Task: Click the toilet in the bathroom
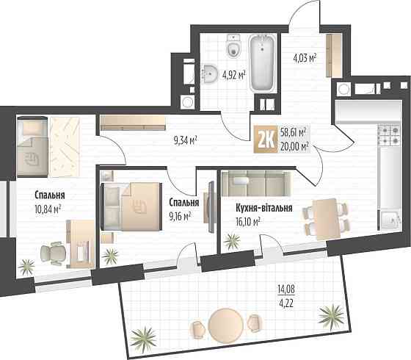(233, 46)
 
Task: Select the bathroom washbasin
(211, 73)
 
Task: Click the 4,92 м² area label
(234, 75)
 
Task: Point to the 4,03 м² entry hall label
(305, 57)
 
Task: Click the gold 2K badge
(265, 140)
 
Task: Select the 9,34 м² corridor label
(185, 140)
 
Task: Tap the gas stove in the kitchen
(389, 135)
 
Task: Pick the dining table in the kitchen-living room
(326, 219)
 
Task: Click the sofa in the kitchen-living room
(256, 183)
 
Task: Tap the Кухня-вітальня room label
(264, 208)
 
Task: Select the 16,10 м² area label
(248, 222)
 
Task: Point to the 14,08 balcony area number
(286, 289)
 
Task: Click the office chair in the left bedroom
(53, 253)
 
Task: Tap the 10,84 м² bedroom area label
(48, 209)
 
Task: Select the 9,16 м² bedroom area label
(181, 217)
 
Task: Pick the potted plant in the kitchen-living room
(232, 241)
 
